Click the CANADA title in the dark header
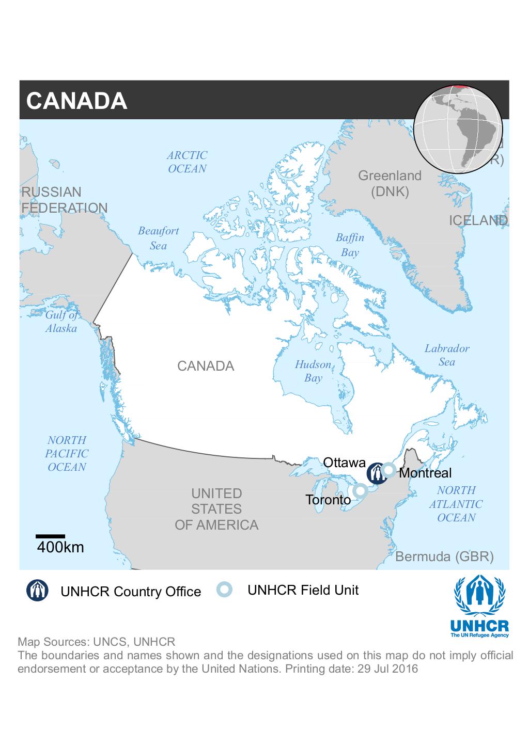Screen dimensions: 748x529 coord(76,101)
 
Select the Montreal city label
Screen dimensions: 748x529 coord(425,473)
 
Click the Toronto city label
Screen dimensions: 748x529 coord(328,500)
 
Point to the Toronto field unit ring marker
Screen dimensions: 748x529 coord(360,490)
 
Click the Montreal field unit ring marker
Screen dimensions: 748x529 coord(389,470)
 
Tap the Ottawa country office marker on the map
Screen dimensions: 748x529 coord(376,473)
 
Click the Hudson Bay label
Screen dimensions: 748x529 coord(313,371)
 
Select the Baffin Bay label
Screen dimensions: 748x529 coord(350,245)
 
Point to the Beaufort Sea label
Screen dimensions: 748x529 coord(158,238)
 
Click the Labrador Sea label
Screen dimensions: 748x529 coord(447,355)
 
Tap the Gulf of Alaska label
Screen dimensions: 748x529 coord(61,322)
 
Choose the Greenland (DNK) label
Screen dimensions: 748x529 coord(390,184)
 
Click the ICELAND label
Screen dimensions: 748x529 coord(478,220)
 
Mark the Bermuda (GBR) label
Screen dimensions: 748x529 coord(444,556)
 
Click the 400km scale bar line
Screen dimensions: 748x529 coord(51,536)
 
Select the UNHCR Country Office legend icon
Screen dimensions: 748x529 coord(38,591)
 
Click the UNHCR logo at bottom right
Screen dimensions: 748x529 coord(480,606)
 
